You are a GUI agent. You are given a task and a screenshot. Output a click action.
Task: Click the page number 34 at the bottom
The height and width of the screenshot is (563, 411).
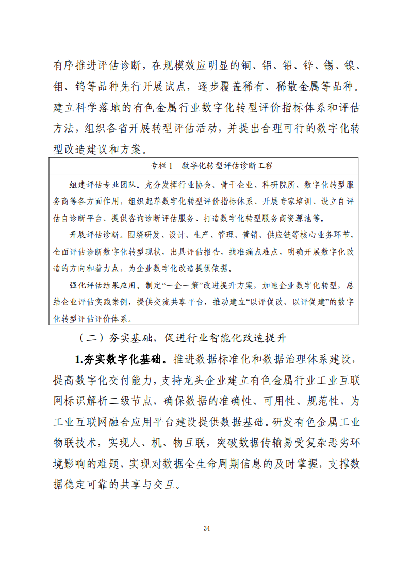point(207,528)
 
